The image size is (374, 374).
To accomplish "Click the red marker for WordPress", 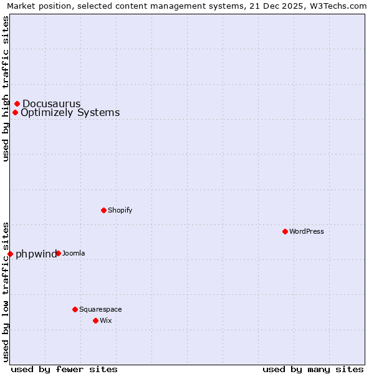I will (x=285, y=231).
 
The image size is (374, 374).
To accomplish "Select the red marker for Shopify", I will (x=103, y=210).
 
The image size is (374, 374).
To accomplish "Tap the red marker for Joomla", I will (x=58, y=253).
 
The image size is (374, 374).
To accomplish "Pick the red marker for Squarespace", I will (x=75, y=309).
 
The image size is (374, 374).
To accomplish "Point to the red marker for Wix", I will (x=95, y=320).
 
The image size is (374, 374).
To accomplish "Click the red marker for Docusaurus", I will (x=17, y=103).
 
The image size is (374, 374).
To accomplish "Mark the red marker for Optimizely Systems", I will (x=15, y=113).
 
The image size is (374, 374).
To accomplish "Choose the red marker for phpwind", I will (x=10, y=254).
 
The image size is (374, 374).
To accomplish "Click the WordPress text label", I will (x=306, y=231).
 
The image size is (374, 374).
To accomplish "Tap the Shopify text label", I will (x=120, y=210).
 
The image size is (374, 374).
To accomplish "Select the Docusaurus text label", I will (x=52, y=103).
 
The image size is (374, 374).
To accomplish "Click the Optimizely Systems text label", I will (x=70, y=113).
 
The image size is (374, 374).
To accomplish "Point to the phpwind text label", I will (x=36, y=254).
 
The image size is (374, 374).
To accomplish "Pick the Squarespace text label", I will (x=100, y=309).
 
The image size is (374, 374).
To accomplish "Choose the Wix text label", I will (x=105, y=320).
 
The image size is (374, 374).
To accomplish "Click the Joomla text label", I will (x=74, y=253).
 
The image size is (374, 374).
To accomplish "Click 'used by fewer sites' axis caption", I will (x=64, y=369).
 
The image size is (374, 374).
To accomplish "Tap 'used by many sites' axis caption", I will (x=313, y=369).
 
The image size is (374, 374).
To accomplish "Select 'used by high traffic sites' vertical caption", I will (x=6, y=89).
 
